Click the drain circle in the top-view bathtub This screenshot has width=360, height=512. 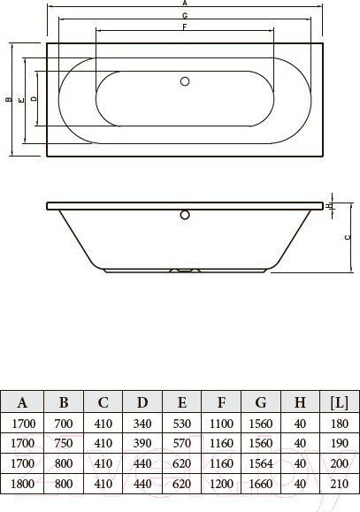185,81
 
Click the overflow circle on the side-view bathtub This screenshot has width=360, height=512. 185,213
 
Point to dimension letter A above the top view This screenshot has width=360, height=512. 184,4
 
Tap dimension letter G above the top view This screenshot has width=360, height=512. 184,17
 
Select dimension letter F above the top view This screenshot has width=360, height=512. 184,27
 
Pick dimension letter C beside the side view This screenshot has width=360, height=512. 348,237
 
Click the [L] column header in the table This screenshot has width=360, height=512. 338,402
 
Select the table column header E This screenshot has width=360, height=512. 182,402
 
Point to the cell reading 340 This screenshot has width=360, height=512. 142,424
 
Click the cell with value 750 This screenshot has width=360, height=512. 65,443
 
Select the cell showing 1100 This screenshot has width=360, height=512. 221,424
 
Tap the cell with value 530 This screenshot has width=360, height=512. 181,424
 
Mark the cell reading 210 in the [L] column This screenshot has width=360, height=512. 338,483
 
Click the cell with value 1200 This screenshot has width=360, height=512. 221,483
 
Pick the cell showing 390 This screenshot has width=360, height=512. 142,443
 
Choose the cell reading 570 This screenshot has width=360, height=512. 181,443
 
